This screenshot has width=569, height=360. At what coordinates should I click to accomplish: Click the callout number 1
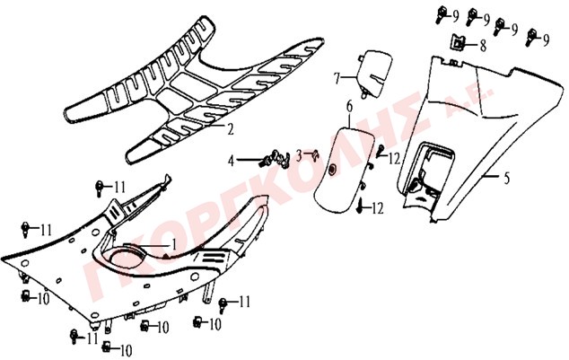click(x=173, y=244)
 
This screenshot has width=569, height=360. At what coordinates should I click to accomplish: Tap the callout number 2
click(x=231, y=129)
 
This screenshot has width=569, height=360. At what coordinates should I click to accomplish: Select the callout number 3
click(x=299, y=155)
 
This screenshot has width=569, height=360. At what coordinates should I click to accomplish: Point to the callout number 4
click(x=232, y=160)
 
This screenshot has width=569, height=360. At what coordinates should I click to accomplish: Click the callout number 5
click(x=506, y=178)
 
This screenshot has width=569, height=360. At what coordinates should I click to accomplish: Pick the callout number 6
click(x=349, y=106)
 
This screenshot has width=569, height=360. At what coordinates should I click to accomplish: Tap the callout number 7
click(x=337, y=78)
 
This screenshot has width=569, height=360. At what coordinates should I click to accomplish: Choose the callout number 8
click(x=482, y=46)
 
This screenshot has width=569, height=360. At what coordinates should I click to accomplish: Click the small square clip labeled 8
click(x=458, y=41)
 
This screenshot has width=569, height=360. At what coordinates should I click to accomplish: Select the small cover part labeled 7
click(x=375, y=74)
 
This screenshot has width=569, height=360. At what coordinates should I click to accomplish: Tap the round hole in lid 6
click(x=332, y=170)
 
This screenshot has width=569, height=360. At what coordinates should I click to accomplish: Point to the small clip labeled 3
click(x=316, y=155)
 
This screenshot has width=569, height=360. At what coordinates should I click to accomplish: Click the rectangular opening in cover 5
click(x=430, y=171)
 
